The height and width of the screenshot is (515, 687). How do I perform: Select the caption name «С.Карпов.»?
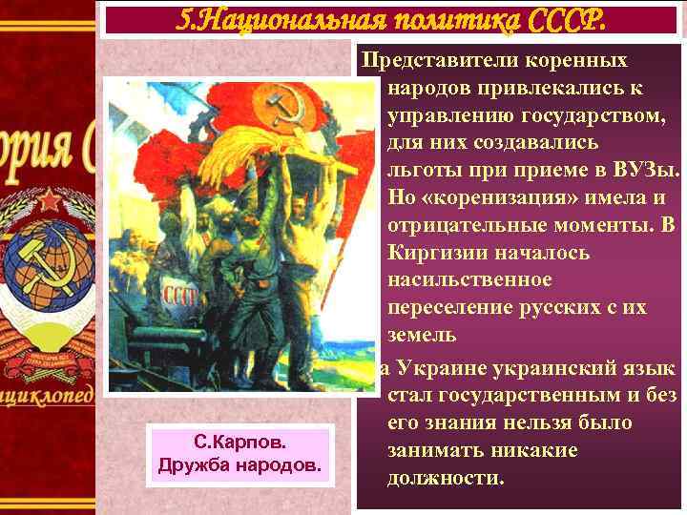pos(239,443)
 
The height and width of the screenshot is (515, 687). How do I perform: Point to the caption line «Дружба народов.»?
pos(239,465)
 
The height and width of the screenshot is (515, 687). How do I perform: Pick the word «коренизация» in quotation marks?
pos(507,198)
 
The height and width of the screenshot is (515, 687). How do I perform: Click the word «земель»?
pos(422,336)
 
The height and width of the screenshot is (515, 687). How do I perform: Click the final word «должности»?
pos(446,478)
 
